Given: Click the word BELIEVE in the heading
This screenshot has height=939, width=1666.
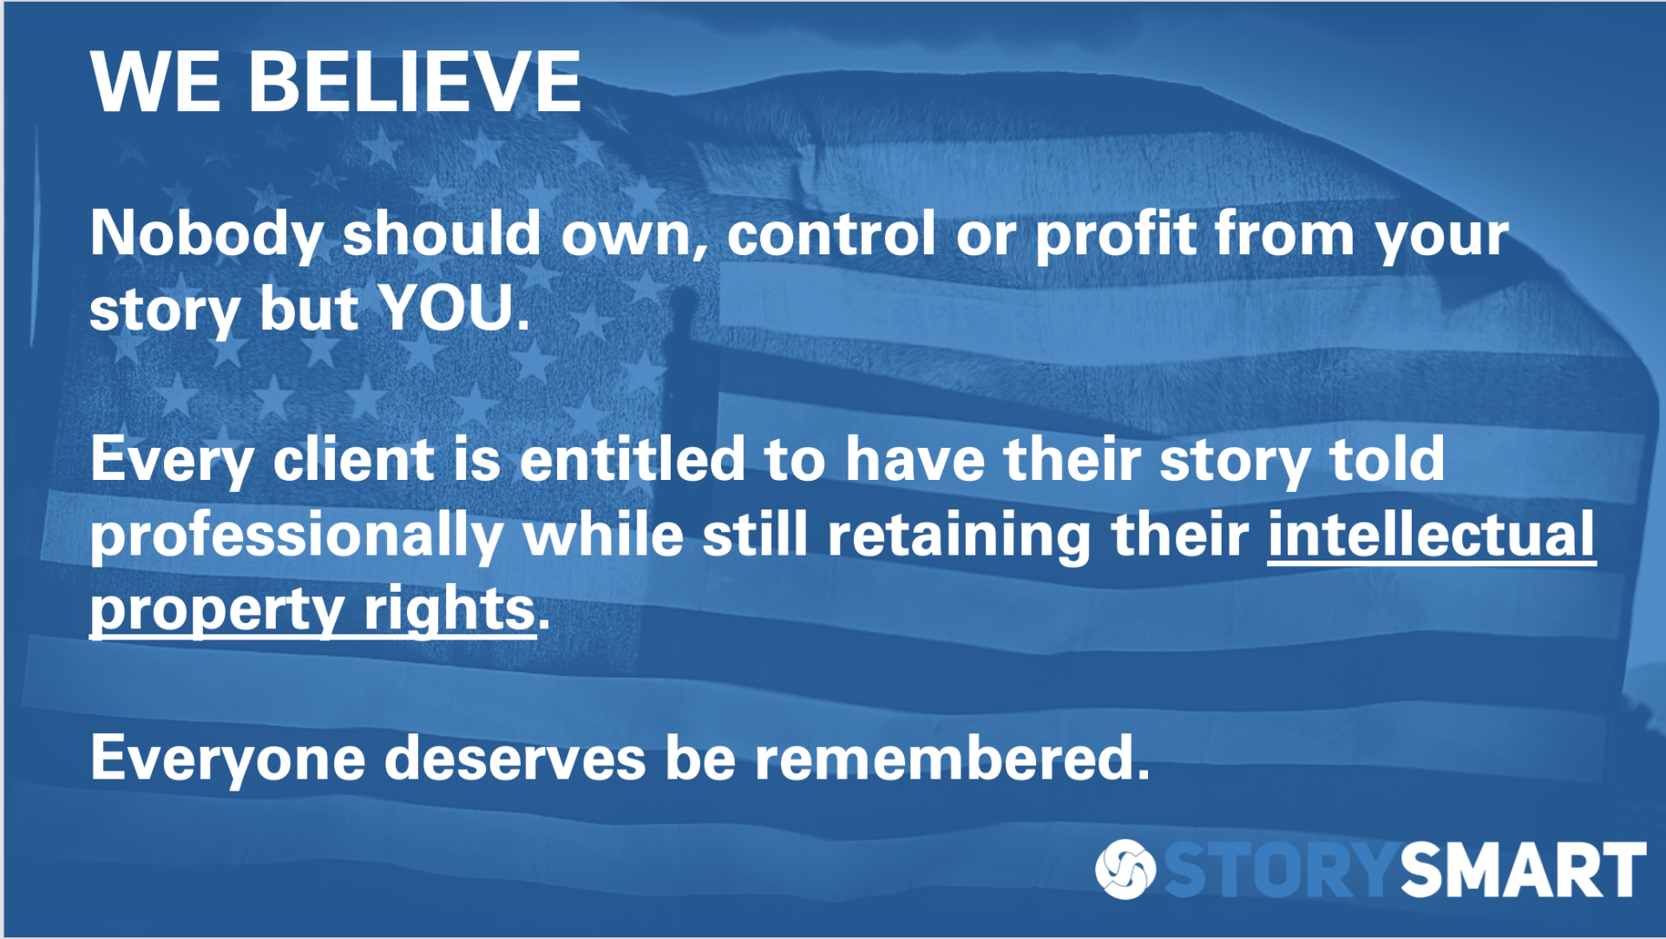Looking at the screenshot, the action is (415, 82).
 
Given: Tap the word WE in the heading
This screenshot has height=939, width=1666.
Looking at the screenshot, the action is (155, 82).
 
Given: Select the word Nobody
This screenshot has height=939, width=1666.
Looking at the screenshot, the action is (207, 236).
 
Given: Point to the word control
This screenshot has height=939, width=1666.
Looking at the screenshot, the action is (831, 234).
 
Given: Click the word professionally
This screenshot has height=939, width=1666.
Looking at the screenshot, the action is (297, 536).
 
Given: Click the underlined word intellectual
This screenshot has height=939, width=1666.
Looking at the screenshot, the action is (1432, 535).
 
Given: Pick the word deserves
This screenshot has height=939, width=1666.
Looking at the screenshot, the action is (515, 758).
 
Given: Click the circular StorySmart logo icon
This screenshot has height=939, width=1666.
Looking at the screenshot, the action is (1125, 869).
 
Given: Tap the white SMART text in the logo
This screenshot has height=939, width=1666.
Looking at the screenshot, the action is (1523, 869).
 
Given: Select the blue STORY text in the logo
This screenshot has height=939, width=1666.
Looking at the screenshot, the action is (1281, 869).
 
